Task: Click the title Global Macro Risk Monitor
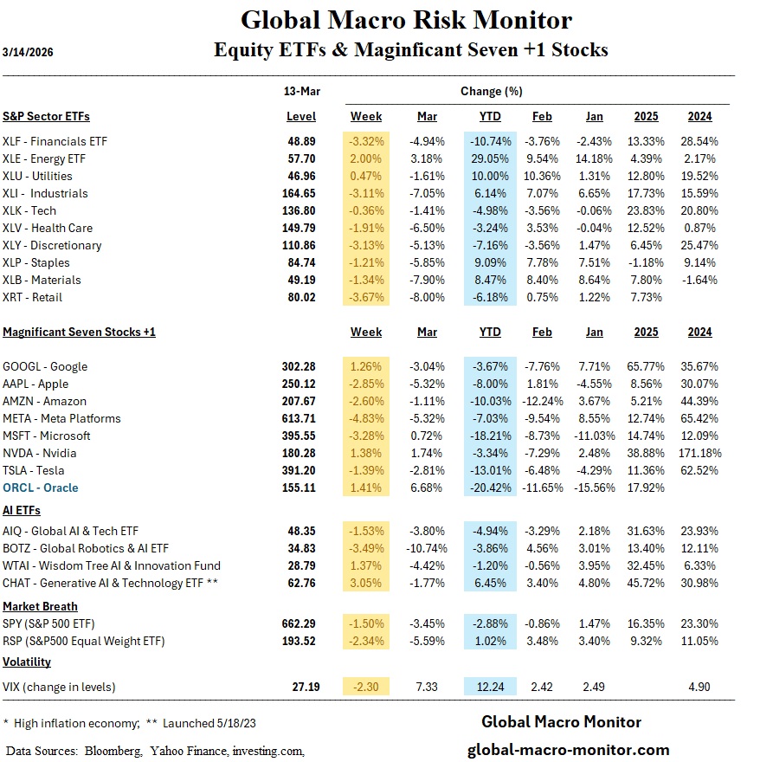406,20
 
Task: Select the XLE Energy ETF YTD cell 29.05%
489,158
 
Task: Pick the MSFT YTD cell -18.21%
489,436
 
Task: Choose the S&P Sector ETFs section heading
46,116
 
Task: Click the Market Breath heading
40,606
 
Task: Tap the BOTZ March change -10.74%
425,548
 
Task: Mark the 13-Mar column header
300,91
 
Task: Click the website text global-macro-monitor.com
568,750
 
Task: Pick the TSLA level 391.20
299,470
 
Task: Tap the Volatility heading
27,662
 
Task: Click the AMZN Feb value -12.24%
542,401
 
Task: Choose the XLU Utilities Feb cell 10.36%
542,176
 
